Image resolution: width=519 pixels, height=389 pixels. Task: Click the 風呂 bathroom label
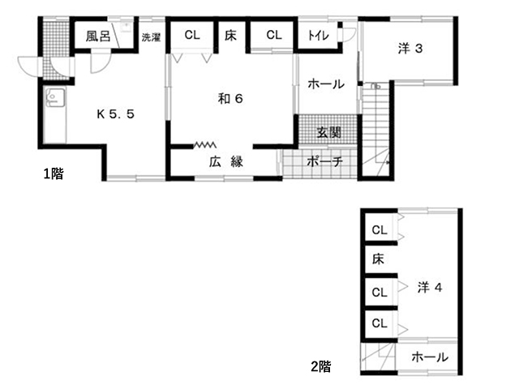coord(98,36)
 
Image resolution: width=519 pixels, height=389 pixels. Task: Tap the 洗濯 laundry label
coord(151,37)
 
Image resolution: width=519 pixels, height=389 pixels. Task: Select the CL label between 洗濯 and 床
coord(191,35)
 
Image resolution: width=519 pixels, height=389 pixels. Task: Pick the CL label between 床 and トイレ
coord(273,35)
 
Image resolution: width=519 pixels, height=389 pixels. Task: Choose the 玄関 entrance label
coord(328,132)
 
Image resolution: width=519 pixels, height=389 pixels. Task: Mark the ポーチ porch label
coord(325,162)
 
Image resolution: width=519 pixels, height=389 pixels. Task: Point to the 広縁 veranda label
coord(226,162)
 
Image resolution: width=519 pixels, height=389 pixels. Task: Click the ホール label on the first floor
coord(326,84)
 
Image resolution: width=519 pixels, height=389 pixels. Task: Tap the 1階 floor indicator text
coord(54,173)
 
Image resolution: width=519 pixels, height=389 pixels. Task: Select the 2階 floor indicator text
coord(320,366)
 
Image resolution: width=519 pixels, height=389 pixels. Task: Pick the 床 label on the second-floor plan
coord(378,259)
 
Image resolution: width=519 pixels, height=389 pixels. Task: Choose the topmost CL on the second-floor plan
coord(379,230)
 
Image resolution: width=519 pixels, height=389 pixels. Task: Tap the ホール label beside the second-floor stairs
coord(429,357)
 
